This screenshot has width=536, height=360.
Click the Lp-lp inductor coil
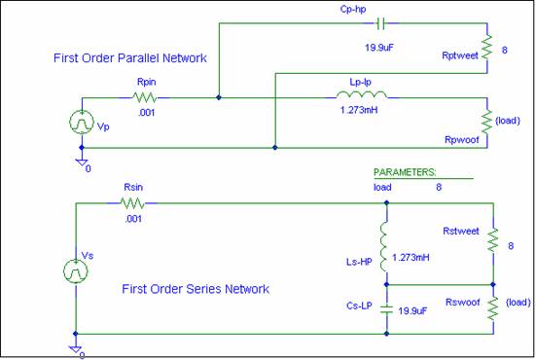click(x=362, y=95)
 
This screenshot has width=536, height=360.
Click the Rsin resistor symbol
click(x=133, y=203)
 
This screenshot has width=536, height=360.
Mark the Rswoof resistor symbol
click(x=494, y=307)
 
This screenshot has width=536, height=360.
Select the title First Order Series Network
click(x=195, y=289)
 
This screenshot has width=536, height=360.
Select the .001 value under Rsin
click(x=132, y=218)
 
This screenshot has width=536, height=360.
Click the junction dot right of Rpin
click(x=219, y=97)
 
